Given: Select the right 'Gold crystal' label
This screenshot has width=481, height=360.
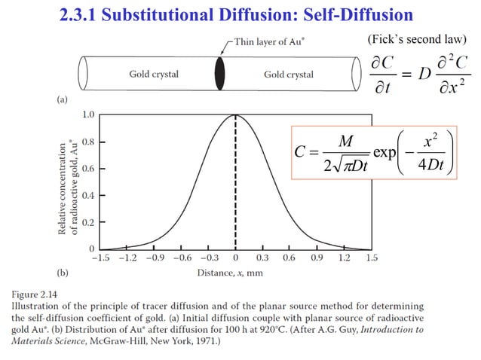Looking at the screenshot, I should point(289,75).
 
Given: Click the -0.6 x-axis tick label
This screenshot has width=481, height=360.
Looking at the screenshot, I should point(181,258).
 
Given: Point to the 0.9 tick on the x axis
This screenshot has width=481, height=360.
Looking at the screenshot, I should point(317,258).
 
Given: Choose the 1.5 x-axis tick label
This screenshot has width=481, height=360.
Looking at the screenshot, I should point(371,258).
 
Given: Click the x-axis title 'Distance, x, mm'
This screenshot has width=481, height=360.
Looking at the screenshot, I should point(230,273).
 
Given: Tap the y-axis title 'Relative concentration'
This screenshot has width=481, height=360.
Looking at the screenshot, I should point(63,181).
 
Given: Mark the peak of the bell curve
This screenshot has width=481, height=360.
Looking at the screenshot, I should point(236,115).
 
